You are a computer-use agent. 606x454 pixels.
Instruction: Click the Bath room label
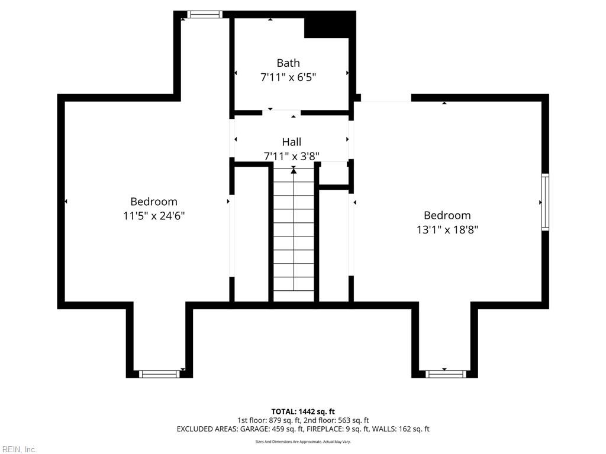point(288,63)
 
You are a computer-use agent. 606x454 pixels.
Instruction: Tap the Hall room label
point(291,142)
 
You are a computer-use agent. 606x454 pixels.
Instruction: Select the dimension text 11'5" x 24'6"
point(154,216)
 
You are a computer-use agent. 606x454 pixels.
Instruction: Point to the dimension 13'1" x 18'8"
point(447,229)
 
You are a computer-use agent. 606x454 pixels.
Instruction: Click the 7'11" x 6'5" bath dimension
point(288,77)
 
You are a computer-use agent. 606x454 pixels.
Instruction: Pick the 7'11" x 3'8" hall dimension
point(291,157)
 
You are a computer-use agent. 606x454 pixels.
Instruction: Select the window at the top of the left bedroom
point(205,14)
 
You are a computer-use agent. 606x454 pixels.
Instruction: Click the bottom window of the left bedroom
point(159,374)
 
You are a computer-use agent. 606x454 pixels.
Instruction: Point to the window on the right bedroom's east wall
point(545,202)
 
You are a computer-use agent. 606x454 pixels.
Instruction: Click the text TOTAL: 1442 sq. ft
point(303,411)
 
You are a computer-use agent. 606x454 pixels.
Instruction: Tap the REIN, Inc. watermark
point(19,449)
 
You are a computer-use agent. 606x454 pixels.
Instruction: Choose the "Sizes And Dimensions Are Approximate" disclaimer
point(303,442)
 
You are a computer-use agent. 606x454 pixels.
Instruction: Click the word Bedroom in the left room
point(154,202)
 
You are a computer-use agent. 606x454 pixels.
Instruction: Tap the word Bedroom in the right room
point(447,215)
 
